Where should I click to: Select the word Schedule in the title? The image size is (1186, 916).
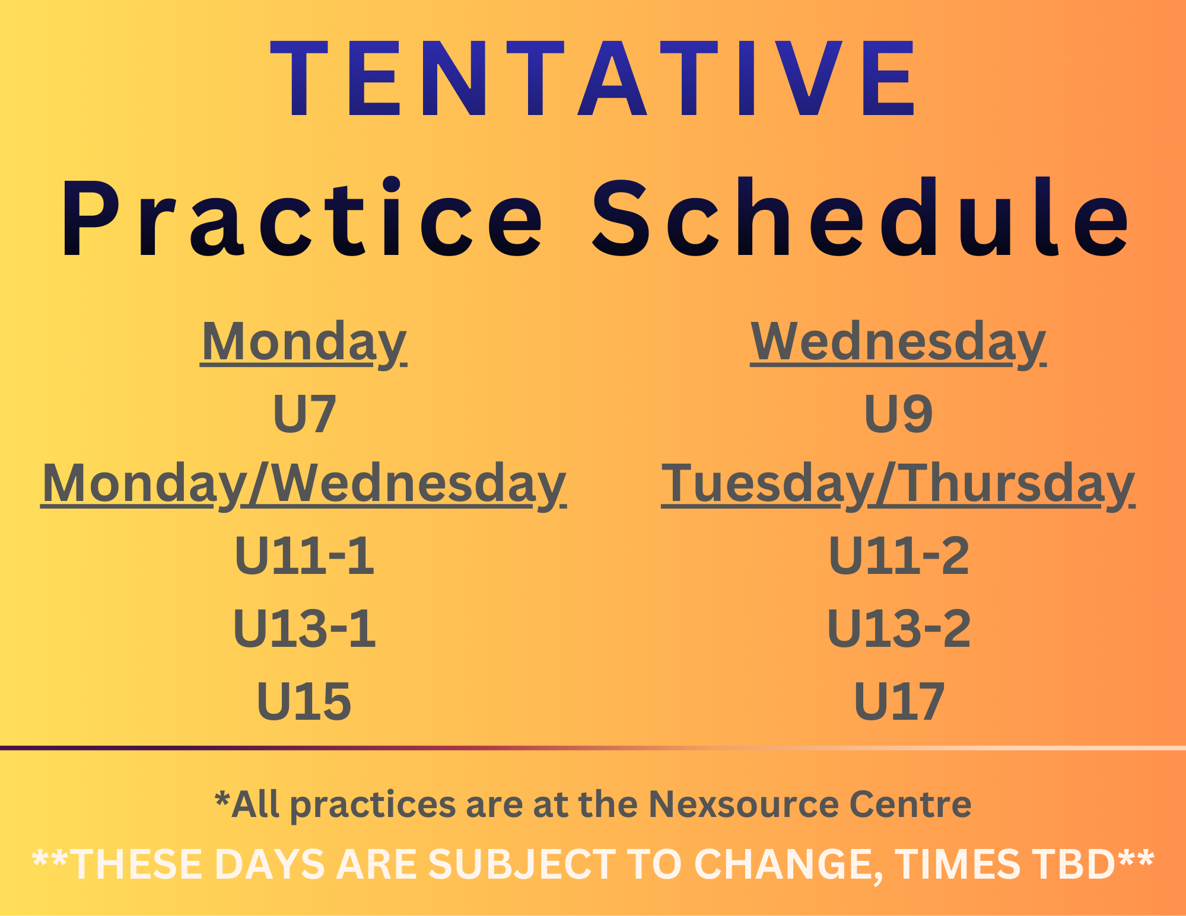[x=861, y=217]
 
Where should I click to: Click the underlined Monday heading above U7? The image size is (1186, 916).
[x=304, y=343]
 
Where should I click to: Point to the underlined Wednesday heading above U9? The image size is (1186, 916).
[x=898, y=343]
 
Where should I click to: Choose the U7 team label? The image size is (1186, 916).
[x=304, y=413]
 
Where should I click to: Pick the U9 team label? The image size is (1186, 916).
[x=898, y=413]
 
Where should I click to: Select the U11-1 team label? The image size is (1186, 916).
[x=304, y=556]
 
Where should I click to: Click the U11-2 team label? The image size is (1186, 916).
[x=899, y=556]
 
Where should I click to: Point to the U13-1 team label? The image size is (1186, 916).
[x=304, y=628]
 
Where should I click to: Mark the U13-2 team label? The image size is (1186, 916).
[x=899, y=628]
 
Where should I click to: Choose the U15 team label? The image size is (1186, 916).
[x=304, y=701]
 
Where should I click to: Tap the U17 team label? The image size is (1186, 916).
[x=899, y=701]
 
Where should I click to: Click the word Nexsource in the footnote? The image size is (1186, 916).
[x=744, y=804]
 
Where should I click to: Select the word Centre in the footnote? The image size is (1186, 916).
[x=910, y=804]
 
